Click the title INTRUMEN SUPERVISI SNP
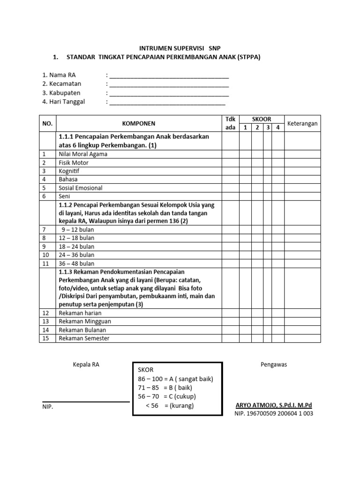[x=180, y=48]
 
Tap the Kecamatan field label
[x=61, y=84]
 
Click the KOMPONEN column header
[x=138, y=124]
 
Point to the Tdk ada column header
[x=231, y=124]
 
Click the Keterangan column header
[x=302, y=124]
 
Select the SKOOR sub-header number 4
[x=278, y=128]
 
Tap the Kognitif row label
[x=69, y=171]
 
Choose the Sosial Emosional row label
[x=80, y=188]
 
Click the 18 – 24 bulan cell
[x=76, y=247]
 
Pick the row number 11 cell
[x=45, y=263]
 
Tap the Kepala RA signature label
[x=86, y=364]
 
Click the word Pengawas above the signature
[x=273, y=364]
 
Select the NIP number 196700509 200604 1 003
[x=273, y=414]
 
